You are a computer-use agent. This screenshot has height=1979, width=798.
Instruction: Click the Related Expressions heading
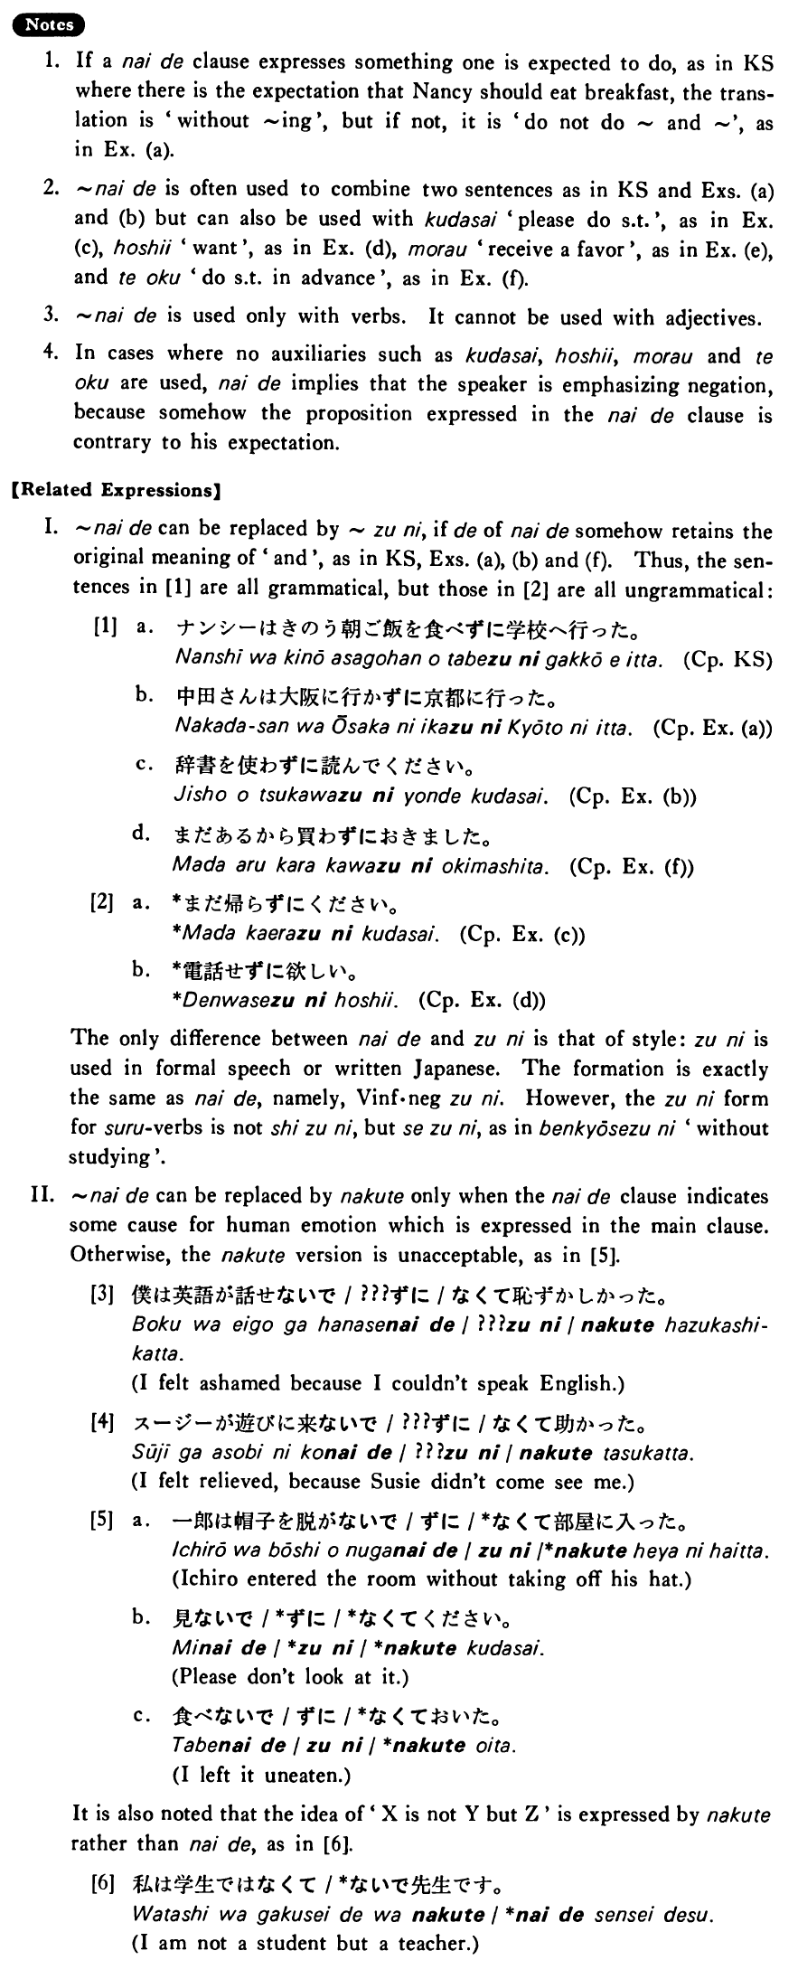(x=115, y=491)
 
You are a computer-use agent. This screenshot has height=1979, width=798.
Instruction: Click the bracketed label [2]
(x=104, y=902)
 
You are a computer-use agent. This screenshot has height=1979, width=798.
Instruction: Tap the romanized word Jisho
(x=192, y=796)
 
